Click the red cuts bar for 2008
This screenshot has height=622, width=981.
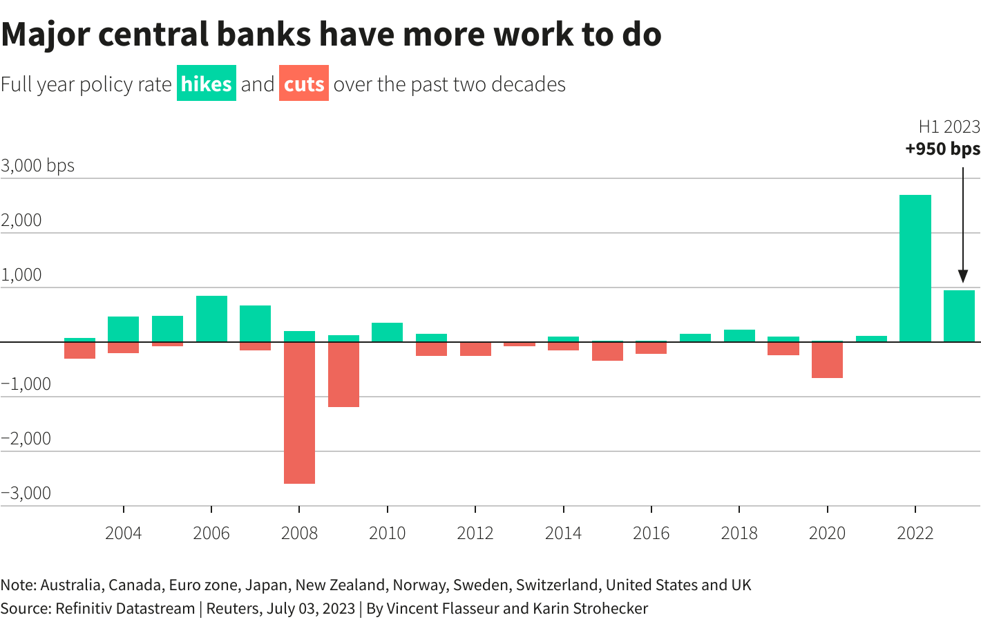click(299, 413)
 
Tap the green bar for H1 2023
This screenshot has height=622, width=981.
click(959, 316)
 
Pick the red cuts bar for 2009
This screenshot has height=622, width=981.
click(343, 374)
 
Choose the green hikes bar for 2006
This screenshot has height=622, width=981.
click(211, 319)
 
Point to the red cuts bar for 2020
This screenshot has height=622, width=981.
click(827, 359)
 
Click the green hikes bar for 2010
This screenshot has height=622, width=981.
click(387, 332)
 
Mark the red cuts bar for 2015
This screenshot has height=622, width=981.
click(607, 351)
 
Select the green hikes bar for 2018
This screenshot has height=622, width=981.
click(739, 336)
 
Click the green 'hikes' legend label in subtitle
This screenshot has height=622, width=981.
click(206, 84)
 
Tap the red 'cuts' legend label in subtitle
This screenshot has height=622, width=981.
click(304, 84)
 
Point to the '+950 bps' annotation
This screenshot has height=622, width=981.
click(942, 149)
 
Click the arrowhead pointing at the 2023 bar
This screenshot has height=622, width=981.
click(962, 276)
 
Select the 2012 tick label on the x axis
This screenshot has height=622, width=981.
click(475, 533)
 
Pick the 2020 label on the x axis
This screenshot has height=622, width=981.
click(827, 533)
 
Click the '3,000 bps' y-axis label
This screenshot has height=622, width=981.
click(38, 166)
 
